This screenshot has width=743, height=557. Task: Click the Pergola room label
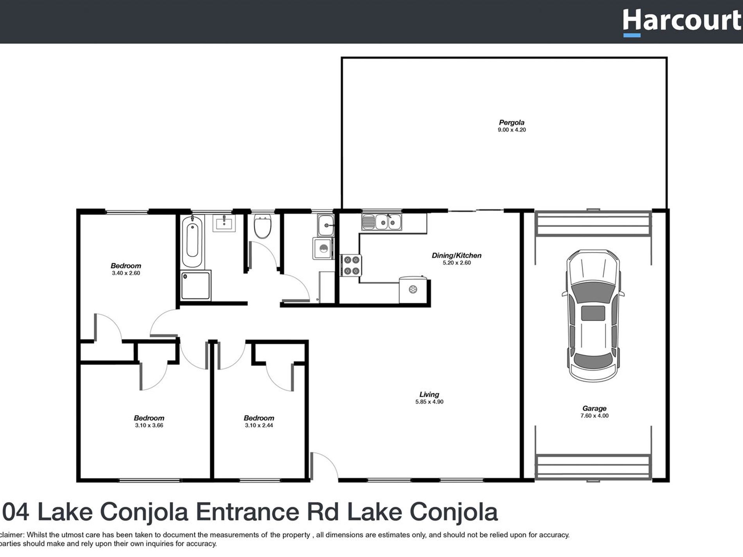[511, 122]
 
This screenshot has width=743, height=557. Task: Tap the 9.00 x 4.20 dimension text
[511, 130]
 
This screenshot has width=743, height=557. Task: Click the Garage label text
[594, 408]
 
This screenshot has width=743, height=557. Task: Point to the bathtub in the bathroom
[192, 242]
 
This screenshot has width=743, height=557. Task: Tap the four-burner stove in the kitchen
[351, 265]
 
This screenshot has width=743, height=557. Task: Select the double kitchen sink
[382, 222]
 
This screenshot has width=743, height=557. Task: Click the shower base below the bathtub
[196, 285]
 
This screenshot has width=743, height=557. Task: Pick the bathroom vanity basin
[224, 224]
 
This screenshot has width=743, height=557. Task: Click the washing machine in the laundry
[323, 249]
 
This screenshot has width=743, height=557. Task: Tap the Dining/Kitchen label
[456, 255]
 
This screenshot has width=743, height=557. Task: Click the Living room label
[429, 394]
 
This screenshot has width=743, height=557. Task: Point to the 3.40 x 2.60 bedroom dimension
[126, 273]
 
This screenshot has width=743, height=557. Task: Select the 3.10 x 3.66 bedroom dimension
[149, 425]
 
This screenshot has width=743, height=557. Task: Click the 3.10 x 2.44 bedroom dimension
[259, 425]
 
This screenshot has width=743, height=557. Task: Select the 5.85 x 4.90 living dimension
[429, 402]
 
